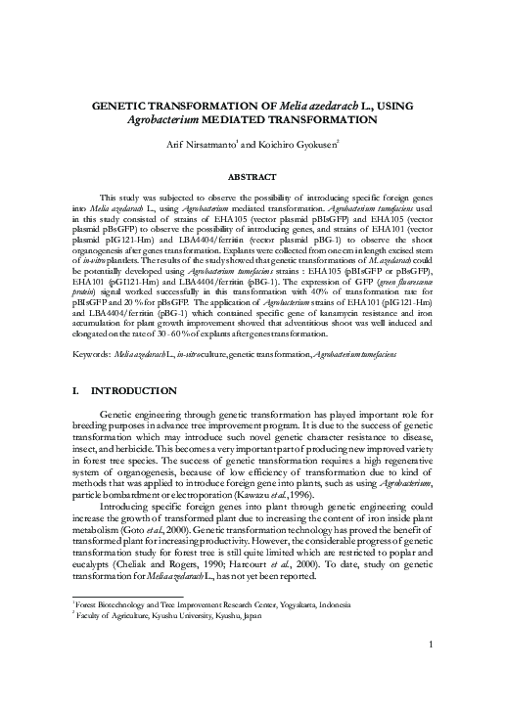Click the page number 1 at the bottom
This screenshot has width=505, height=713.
(431, 672)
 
